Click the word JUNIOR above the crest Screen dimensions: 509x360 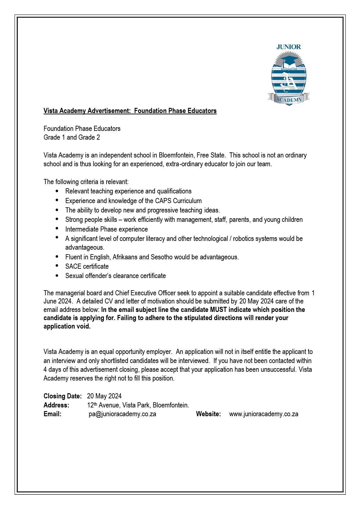click(x=289, y=47)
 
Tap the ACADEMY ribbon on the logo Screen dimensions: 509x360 click(x=289, y=99)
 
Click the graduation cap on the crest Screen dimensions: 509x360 click(x=289, y=60)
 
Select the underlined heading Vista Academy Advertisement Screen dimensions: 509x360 click(x=130, y=111)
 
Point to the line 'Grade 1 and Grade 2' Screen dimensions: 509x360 click(x=72, y=137)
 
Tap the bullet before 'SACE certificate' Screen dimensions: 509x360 click(x=57, y=266)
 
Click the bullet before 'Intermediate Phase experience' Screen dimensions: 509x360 click(x=57, y=229)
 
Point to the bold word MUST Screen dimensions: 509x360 click(x=218, y=310)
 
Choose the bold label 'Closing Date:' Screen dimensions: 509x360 click(x=63, y=396)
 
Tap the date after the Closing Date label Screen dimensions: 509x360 click(x=104, y=396)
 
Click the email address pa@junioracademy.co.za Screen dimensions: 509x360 click(x=122, y=414)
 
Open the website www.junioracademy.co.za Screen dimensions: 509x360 click(x=263, y=414)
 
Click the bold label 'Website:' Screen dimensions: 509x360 click(x=208, y=414)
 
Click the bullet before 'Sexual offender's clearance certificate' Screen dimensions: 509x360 click(x=57, y=275)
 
